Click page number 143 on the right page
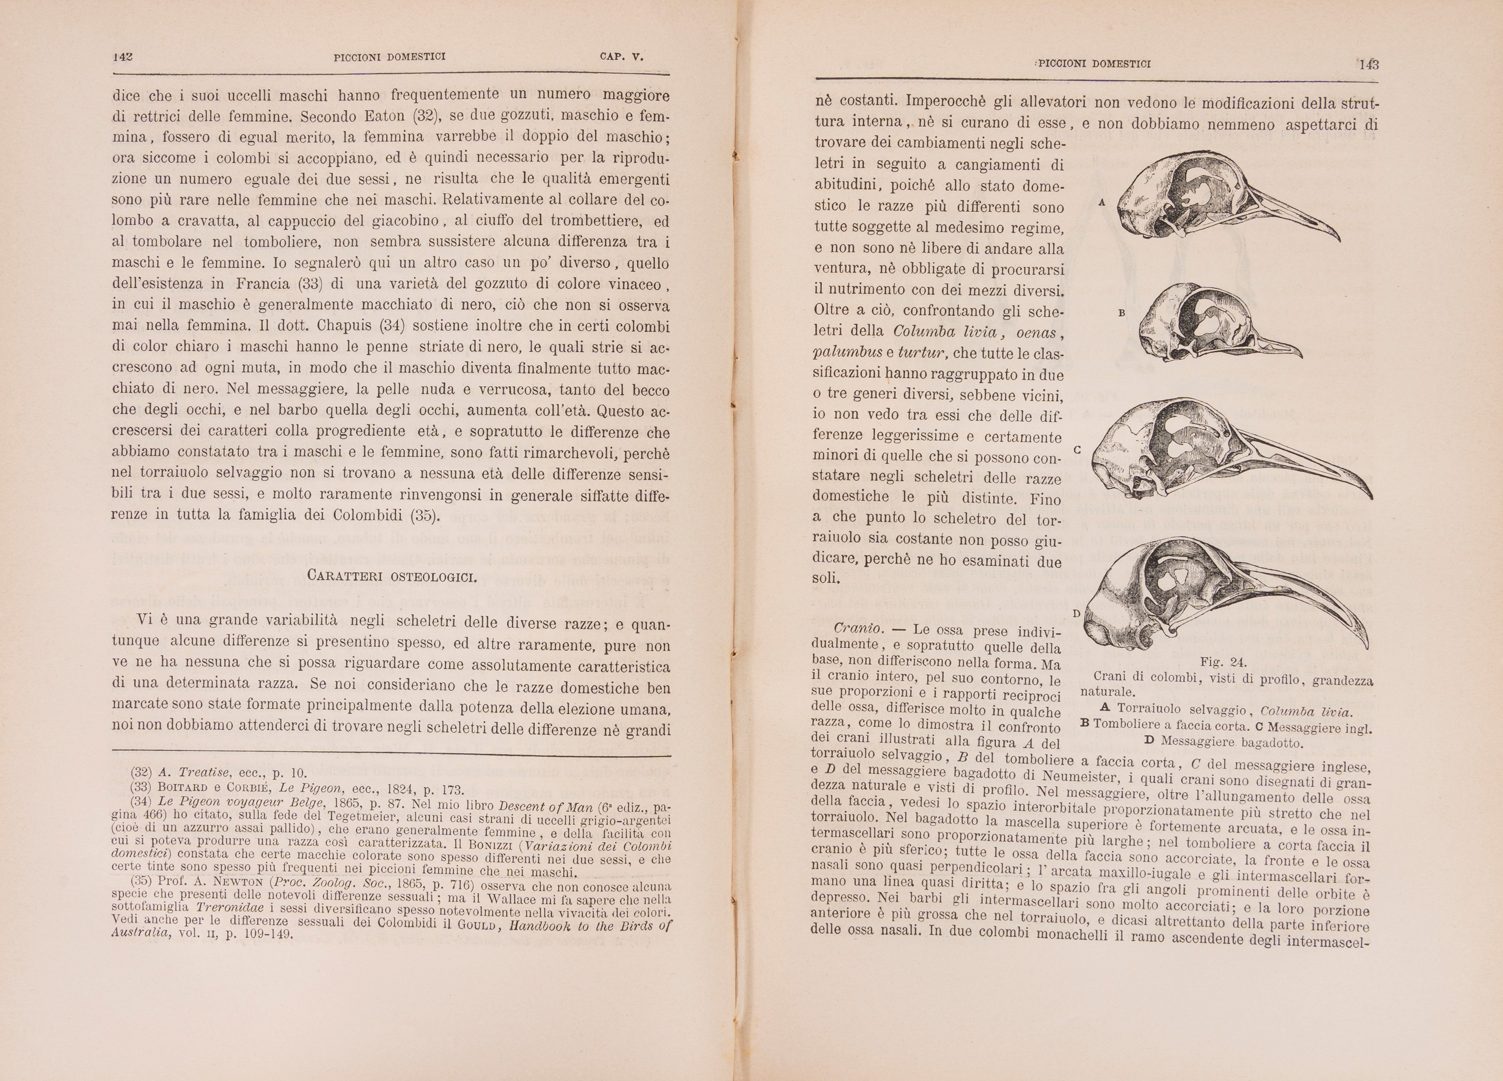(1369, 64)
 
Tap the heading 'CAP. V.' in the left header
(622, 57)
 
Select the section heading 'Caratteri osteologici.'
(392, 576)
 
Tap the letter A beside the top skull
(1101, 202)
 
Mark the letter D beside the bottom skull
(1076, 614)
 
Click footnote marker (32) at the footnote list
(141, 772)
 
